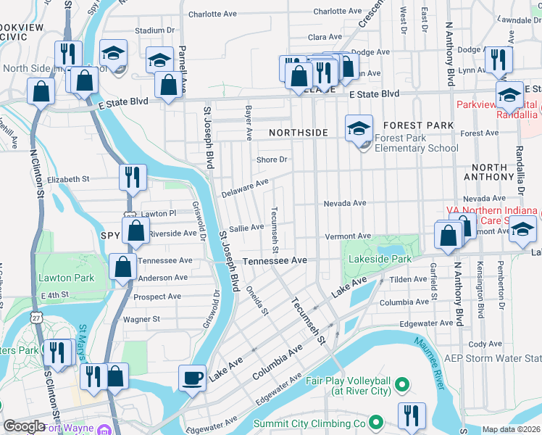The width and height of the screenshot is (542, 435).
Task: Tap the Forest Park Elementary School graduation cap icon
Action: click(x=358, y=129)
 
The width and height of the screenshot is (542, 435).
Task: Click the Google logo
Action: click(x=24, y=426)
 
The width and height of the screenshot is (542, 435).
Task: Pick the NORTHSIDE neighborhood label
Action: click(x=299, y=133)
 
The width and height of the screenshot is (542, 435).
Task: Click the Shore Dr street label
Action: click(x=272, y=159)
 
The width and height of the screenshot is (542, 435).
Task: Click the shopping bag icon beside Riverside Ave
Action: click(x=136, y=232)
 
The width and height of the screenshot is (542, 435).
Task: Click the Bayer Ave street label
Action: click(x=248, y=122)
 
